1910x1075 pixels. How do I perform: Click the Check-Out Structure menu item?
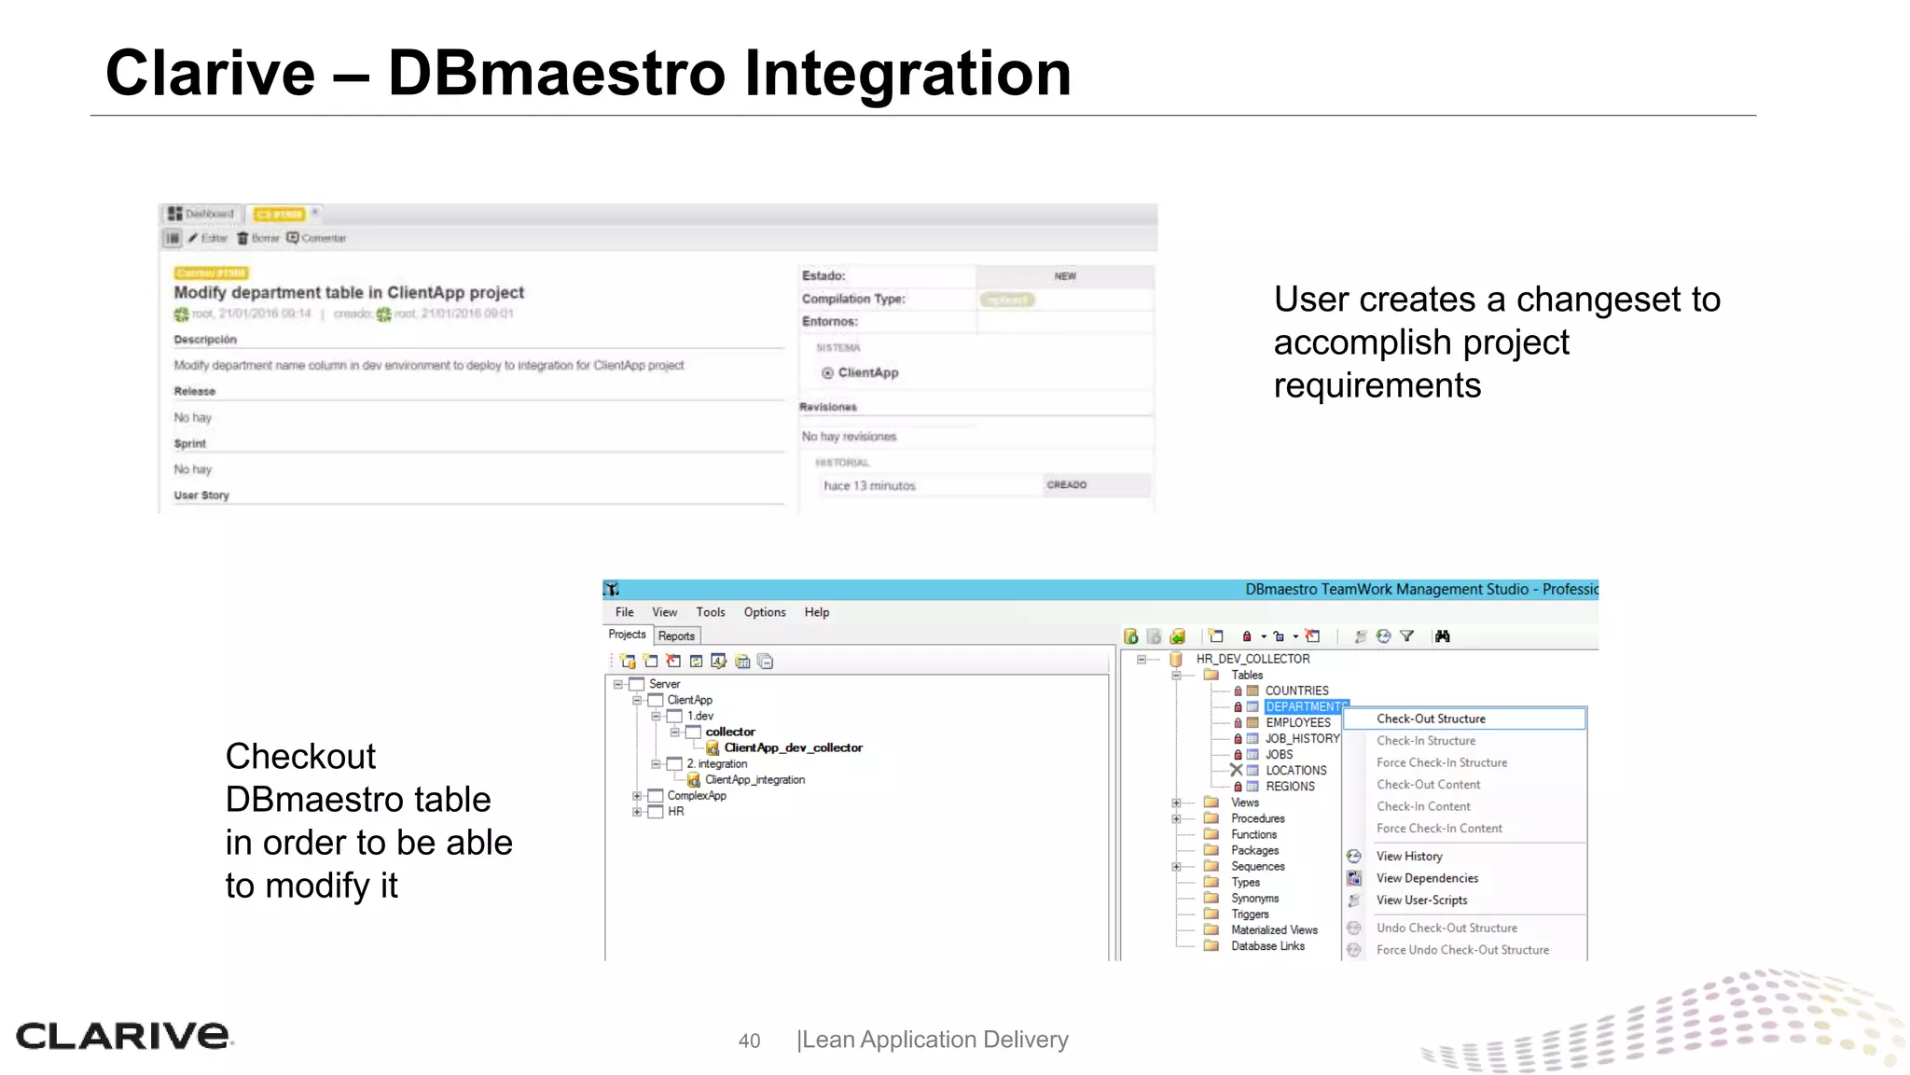[x=1431, y=719]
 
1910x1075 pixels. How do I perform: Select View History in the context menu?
[x=1409, y=856]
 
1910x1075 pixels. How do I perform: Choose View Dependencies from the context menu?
[x=1427, y=878]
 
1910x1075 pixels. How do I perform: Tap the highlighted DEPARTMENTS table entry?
[x=1305, y=706]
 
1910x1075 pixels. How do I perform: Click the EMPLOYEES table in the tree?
[x=1297, y=722]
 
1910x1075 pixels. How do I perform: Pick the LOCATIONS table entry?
[x=1295, y=770]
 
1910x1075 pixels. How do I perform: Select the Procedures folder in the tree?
[x=1257, y=818]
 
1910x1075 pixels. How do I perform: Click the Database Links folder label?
[x=1267, y=945]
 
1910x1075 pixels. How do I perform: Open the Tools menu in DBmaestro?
[x=710, y=612]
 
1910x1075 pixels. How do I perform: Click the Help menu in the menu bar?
[x=817, y=612]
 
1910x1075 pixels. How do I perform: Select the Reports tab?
[x=676, y=635]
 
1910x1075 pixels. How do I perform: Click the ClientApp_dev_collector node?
[x=793, y=747]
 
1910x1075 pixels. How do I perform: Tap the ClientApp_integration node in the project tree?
[x=754, y=779]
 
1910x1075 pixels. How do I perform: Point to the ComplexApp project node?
[x=696, y=795]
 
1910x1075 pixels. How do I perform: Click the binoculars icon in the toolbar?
[x=1443, y=636]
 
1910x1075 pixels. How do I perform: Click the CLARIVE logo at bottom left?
[x=123, y=1036]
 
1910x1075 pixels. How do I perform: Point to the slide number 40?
[x=749, y=1040]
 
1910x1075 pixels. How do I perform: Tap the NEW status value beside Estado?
[x=1065, y=276]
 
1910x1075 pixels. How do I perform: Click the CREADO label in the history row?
[x=1066, y=485]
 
